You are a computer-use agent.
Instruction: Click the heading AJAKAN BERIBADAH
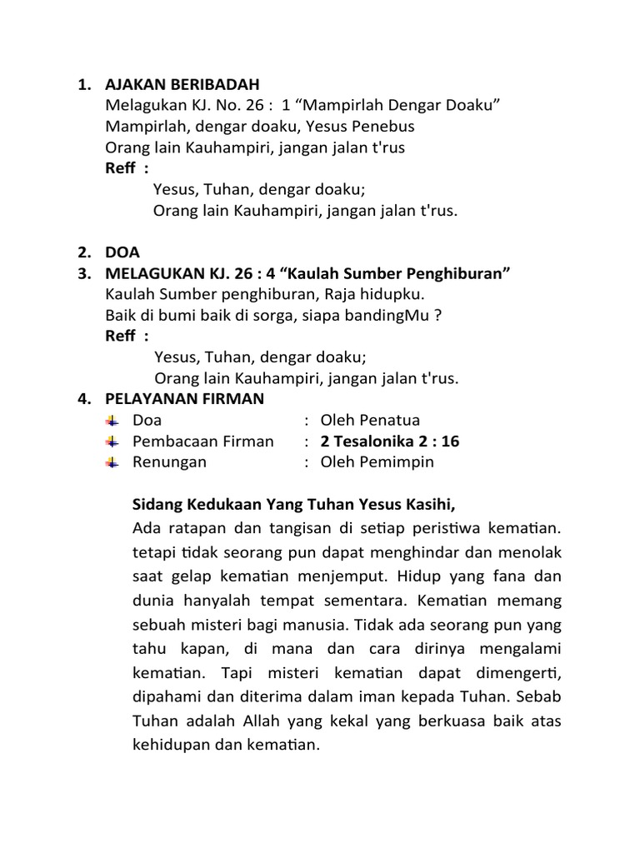click(182, 84)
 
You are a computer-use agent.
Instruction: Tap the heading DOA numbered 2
click(123, 252)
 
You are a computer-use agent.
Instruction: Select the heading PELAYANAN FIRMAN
click(184, 399)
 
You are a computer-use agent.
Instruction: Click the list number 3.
click(83, 274)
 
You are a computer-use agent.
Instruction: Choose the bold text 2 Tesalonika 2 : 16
click(390, 441)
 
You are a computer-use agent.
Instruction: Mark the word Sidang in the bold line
click(156, 505)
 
